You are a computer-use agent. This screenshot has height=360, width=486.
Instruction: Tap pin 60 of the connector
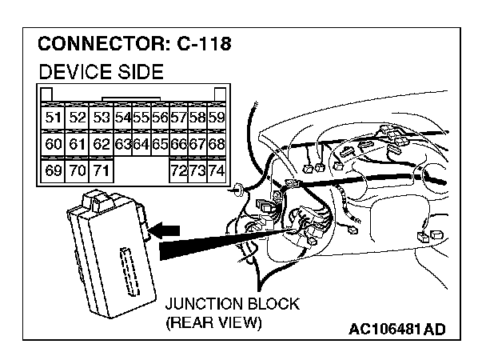click(x=54, y=145)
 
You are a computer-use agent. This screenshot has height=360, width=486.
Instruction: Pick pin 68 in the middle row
click(x=215, y=145)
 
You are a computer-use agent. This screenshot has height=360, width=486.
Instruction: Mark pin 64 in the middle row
click(x=141, y=145)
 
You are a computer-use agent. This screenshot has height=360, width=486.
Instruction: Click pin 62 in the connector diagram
click(x=100, y=145)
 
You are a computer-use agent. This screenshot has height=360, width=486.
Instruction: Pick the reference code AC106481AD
click(x=396, y=330)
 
